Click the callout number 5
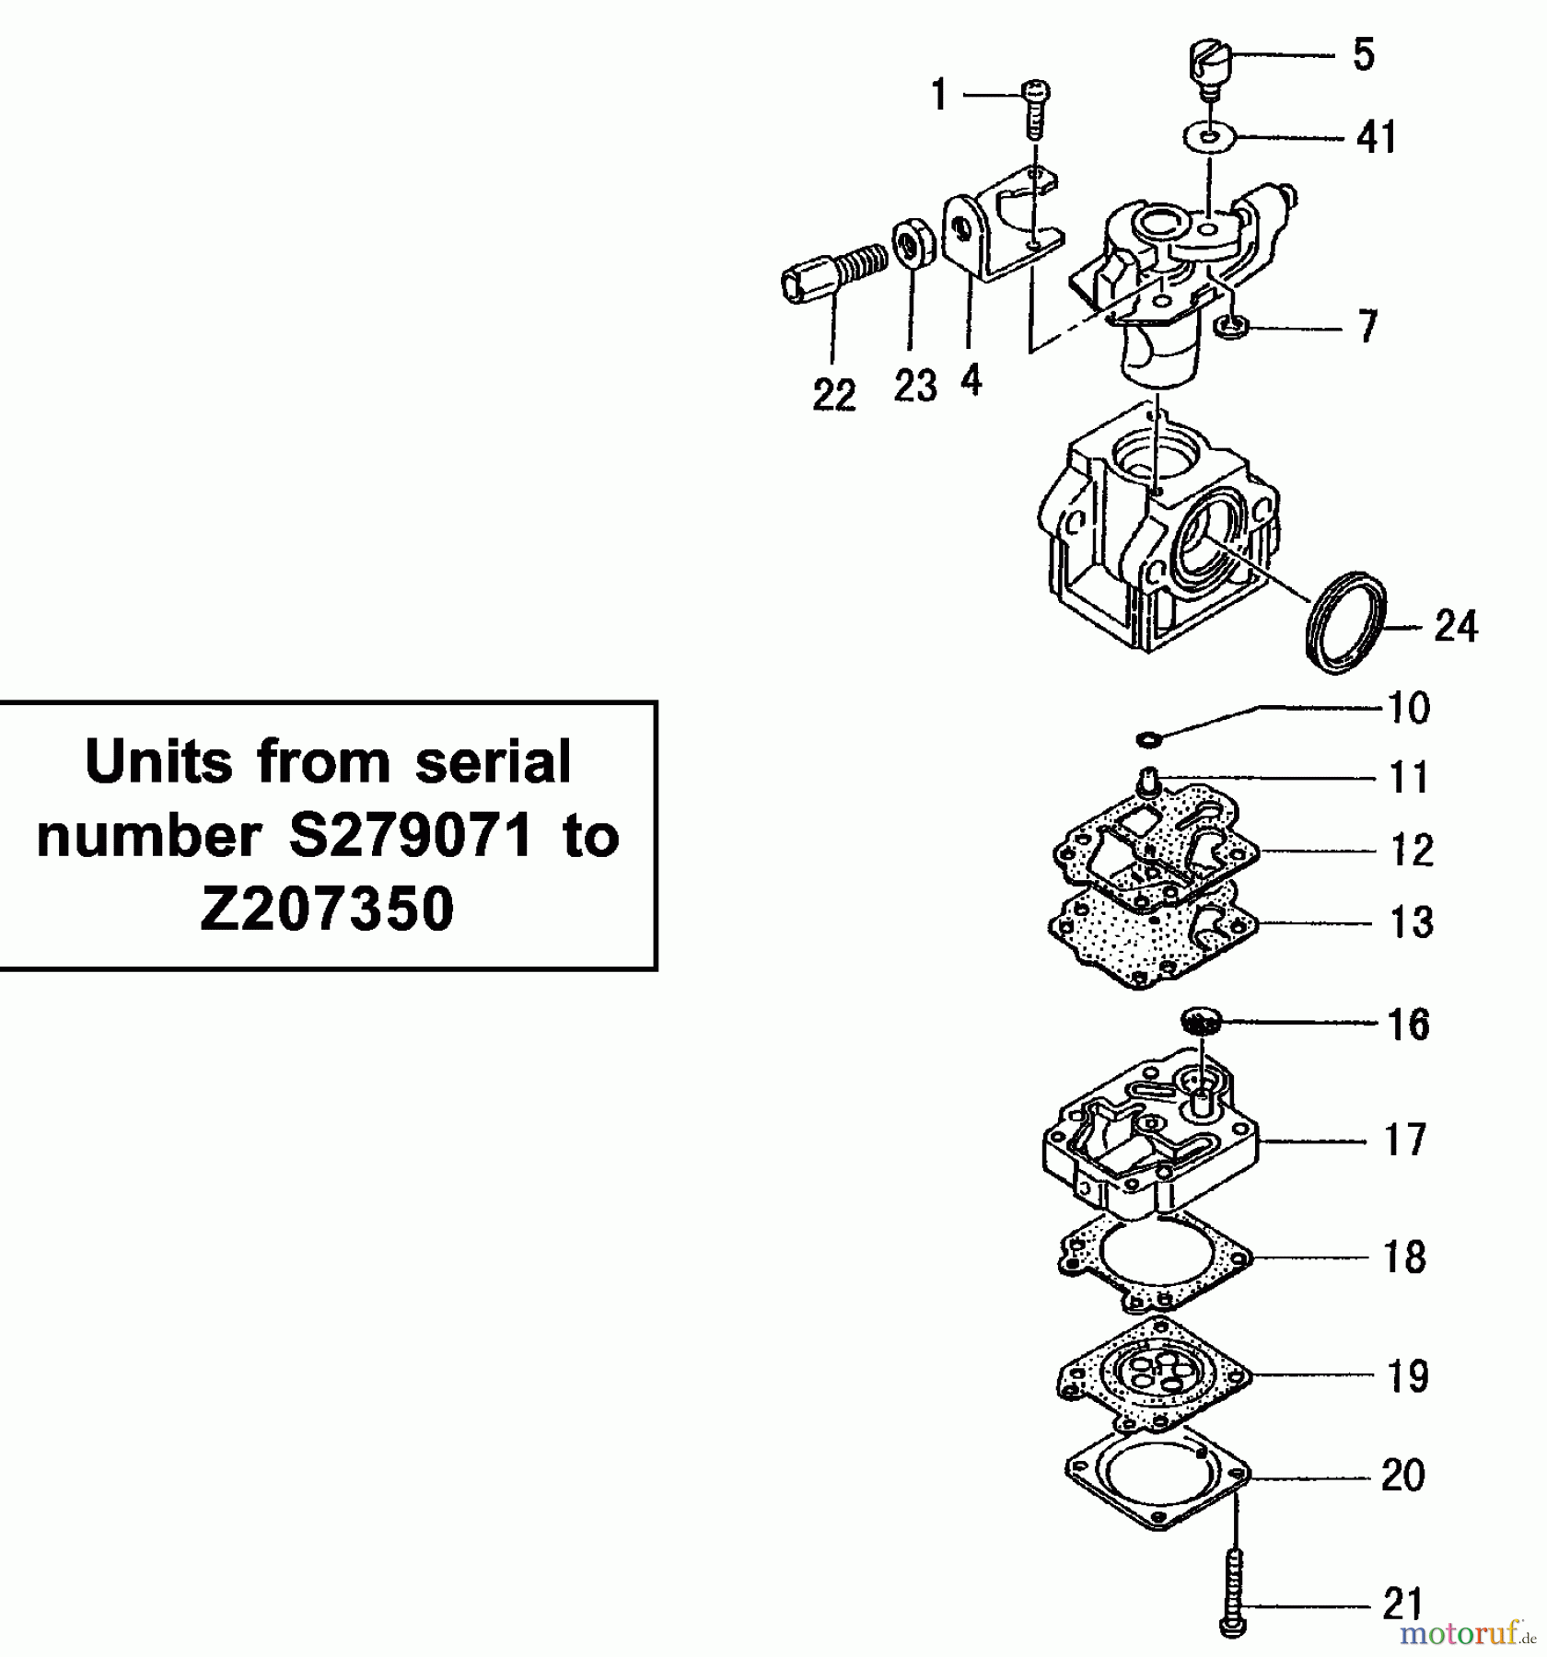click(1364, 55)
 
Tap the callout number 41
click(1377, 138)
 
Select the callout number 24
click(1456, 627)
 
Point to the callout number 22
click(834, 396)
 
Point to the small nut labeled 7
click(1234, 325)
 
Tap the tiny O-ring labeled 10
click(1146, 738)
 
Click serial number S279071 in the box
click(410, 836)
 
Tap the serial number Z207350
click(327, 910)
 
